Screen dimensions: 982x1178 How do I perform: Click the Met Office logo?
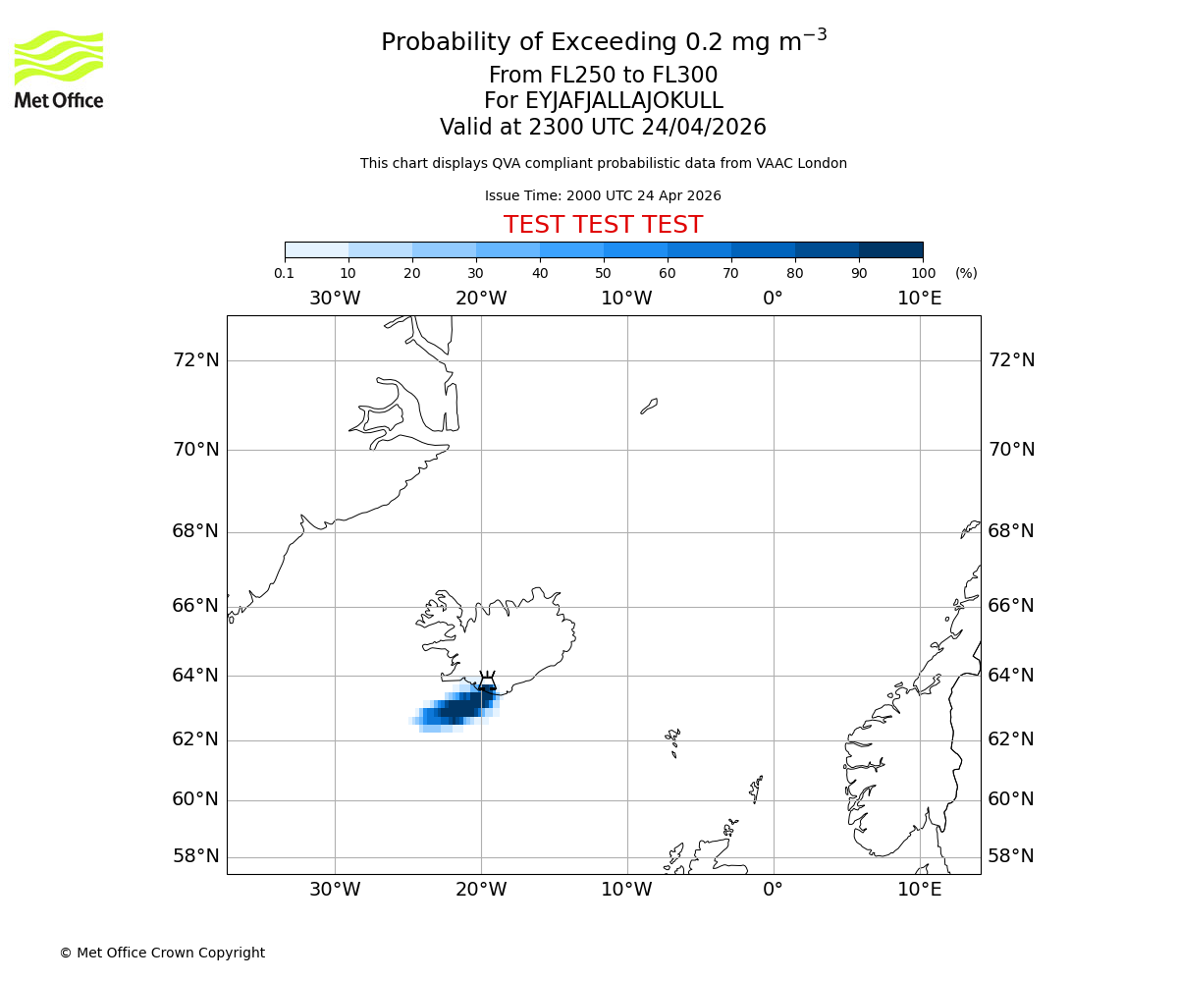coord(59,69)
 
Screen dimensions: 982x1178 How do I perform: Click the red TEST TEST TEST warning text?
coord(603,225)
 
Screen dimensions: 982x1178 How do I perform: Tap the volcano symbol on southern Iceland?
coord(487,682)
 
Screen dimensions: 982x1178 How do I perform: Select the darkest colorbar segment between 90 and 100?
coord(890,249)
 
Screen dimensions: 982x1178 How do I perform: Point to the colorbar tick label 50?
coord(603,273)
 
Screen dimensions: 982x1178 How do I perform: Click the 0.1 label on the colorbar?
coord(284,273)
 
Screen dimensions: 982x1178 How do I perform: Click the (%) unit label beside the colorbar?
coord(966,273)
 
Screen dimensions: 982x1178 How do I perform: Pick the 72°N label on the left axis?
coord(196,360)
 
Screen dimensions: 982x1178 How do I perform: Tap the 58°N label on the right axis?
coord(1011,856)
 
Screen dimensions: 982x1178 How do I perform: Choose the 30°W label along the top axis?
coord(335,299)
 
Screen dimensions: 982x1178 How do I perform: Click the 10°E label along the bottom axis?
coord(920,890)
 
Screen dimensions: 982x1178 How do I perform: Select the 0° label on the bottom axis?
coord(774,890)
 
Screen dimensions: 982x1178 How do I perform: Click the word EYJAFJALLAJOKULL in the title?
coord(624,101)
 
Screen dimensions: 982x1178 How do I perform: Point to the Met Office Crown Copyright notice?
coord(162,953)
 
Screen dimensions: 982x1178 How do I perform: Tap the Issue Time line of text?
coord(603,195)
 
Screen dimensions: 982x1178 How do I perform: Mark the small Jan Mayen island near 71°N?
coord(649,406)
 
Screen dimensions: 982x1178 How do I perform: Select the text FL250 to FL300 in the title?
coord(628,76)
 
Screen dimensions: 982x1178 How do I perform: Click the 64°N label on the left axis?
coord(196,676)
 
